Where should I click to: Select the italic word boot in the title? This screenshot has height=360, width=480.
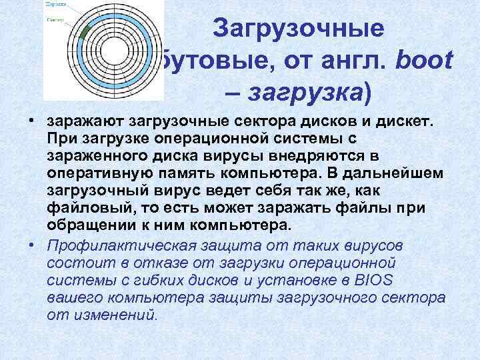tap(425, 61)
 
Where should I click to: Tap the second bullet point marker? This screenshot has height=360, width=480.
tap(31, 245)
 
